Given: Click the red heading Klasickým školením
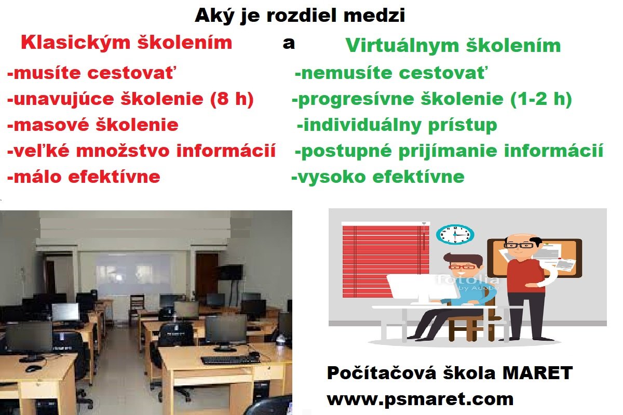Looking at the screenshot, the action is (127, 43).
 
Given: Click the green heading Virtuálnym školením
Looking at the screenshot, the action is (453, 46).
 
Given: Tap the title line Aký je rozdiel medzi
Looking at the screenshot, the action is (300, 15).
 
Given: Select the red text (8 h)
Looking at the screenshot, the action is (232, 99).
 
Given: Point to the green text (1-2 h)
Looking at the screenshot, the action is (541, 99).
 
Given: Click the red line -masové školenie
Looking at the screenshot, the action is (92, 125).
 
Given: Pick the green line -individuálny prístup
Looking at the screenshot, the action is (397, 126).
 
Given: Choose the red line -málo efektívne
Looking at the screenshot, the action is (84, 177).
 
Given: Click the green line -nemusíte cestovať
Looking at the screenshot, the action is (391, 73).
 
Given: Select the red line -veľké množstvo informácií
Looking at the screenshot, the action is (141, 151).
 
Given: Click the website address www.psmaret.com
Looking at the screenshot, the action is (420, 400).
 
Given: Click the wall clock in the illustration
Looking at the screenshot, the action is (455, 235).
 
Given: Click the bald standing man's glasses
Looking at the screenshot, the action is (519, 246).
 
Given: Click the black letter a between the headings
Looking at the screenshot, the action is (289, 44).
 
